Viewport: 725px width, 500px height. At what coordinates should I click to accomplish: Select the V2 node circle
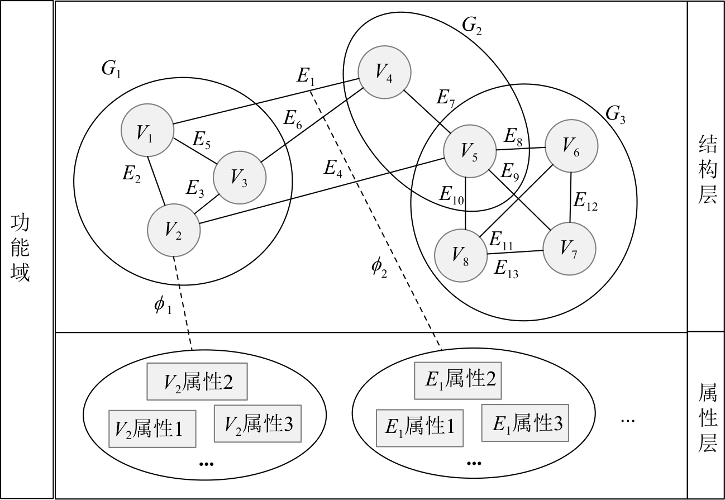[174, 230]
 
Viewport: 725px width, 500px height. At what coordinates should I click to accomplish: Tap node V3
[240, 178]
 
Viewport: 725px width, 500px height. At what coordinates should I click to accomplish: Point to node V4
[385, 72]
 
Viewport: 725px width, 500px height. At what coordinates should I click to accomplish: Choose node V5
[469, 151]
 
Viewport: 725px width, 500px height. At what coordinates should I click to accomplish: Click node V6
[571, 146]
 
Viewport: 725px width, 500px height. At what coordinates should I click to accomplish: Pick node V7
[570, 249]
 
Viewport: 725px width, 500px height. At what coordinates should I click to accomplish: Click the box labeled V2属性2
[197, 382]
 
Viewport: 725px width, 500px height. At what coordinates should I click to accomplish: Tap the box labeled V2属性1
[152, 429]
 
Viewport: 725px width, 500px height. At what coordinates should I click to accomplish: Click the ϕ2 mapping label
[379, 268]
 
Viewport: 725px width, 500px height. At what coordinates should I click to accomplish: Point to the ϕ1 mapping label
[163, 306]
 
